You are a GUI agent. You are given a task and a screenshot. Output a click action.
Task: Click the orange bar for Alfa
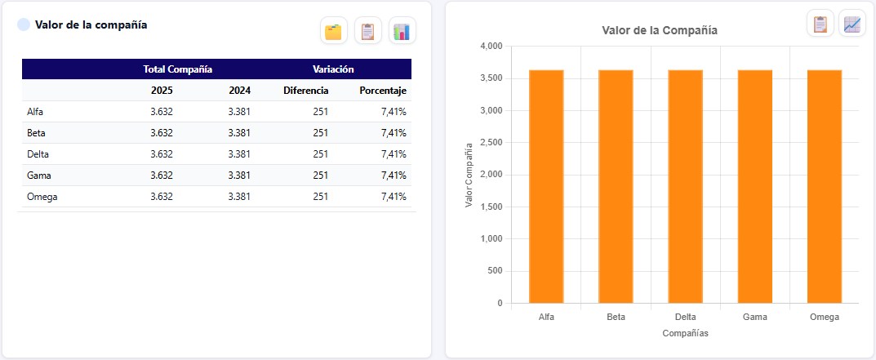tap(546, 187)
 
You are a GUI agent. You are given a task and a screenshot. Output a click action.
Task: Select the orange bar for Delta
tap(686, 187)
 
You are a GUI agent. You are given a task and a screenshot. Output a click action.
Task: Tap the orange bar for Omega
tap(825, 187)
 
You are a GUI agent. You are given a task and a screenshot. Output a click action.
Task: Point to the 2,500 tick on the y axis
tap(491, 143)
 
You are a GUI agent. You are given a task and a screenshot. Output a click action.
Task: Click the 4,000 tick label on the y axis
tap(491, 46)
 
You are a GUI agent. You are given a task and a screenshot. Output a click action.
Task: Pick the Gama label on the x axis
tap(755, 317)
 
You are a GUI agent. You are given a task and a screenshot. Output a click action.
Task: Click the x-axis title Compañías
tap(686, 333)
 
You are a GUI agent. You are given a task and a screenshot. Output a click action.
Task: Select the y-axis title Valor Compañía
tap(469, 175)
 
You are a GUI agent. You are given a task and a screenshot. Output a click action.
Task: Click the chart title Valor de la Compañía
tap(660, 31)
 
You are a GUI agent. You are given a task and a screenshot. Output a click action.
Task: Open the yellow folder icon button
tap(334, 31)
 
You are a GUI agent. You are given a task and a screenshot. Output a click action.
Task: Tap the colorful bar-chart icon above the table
tap(402, 31)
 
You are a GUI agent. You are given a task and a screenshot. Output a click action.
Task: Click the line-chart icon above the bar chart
tap(852, 24)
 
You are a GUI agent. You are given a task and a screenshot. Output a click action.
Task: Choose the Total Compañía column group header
tap(178, 69)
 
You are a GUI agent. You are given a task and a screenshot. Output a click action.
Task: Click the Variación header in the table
tap(334, 69)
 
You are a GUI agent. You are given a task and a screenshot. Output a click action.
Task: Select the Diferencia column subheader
tap(306, 91)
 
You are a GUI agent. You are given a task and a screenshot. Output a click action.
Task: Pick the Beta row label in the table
tap(36, 133)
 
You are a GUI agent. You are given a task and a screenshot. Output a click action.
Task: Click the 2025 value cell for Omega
tap(162, 197)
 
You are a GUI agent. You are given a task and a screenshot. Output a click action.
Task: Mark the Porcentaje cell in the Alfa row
tap(394, 112)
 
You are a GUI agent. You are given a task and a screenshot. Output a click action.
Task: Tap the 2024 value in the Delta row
tap(240, 154)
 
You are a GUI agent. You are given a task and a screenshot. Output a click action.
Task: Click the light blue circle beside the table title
tap(24, 24)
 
